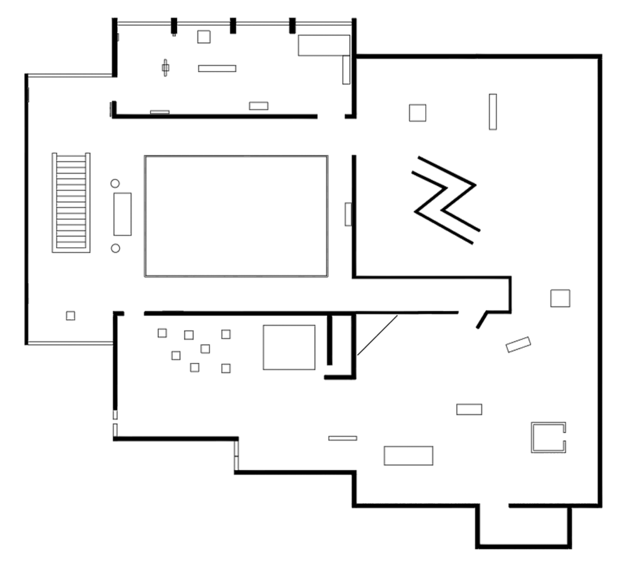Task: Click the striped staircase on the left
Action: point(71,202)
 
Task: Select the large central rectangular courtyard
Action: point(236,216)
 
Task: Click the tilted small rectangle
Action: point(518,345)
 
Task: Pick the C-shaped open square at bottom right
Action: point(548,437)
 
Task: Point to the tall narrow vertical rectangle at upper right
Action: point(493,112)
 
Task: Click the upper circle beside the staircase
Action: point(115,184)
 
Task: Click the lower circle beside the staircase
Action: point(115,248)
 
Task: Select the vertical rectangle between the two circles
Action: point(123,214)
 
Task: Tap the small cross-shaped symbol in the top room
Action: point(165,67)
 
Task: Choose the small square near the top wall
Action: point(203,37)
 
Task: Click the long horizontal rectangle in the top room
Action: point(217,69)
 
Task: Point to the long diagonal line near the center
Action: point(377,337)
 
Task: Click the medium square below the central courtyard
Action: point(289,347)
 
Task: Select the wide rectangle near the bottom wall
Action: point(408,456)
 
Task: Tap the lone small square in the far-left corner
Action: point(71,315)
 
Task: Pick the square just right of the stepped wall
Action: point(560,297)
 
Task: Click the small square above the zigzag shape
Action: point(417,112)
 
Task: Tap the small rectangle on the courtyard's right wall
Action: point(347,214)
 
